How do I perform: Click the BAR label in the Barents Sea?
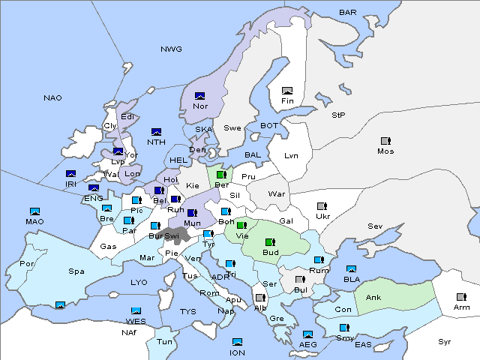coord(347,12)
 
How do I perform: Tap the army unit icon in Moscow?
coord(385,140)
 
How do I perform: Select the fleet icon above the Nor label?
coord(199,95)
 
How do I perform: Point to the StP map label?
coord(338,115)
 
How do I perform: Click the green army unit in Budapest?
coord(270,242)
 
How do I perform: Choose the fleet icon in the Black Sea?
coord(351,268)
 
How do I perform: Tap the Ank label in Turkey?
coord(373,297)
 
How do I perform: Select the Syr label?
coord(445,341)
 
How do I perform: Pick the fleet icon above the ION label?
coord(237,342)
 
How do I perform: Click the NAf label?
coord(130,331)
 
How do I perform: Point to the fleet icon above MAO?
coord(34,211)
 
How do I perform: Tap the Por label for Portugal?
coord(27,264)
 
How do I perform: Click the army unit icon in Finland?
coord(286,91)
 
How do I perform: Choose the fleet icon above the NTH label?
coord(156,132)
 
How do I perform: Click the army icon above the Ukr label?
coord(322,205)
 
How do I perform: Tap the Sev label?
coord(375,226)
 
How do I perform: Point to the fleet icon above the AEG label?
coord(307,334)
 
